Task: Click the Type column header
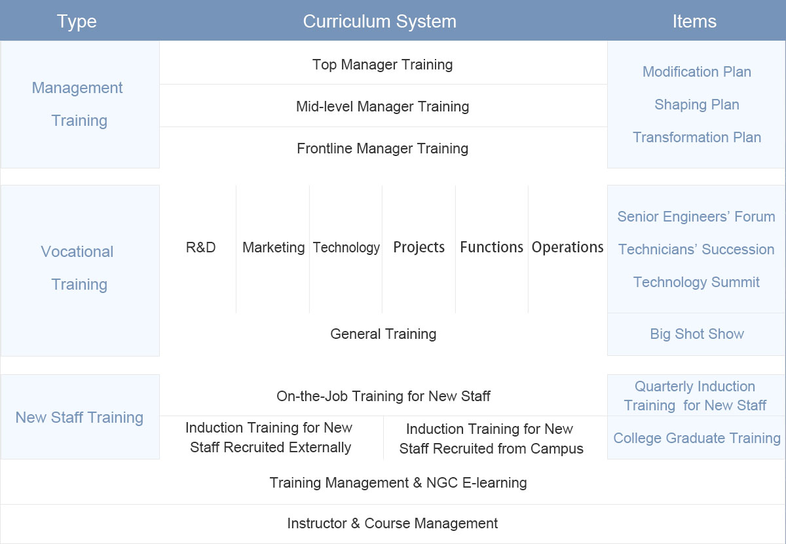[x=77, y=22]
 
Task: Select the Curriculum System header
[x=380, y=22]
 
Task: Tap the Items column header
[x=694, y=22]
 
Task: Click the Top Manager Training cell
[x=383, y=65]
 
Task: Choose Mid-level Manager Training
[x=383, y=106]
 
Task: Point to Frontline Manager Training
[x=383, y=149]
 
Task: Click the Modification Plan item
[x=696, y=71]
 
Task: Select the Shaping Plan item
[x=696, y=105]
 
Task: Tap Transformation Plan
[x=696, y=138]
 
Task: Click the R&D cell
[x=200, y=247]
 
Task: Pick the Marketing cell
[x=273, y=248]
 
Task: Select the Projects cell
[x=419, y=247]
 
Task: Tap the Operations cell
[x=567, y=247]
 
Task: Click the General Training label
[x=383, y=334]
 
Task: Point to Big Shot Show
[x=696, y=334]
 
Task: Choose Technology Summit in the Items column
[x=696, y=282]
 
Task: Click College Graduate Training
[x=696, y=438]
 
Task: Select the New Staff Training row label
[x=79, y=418]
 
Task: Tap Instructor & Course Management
[x=392, y=523]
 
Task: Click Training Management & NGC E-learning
[x=398, y=483]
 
